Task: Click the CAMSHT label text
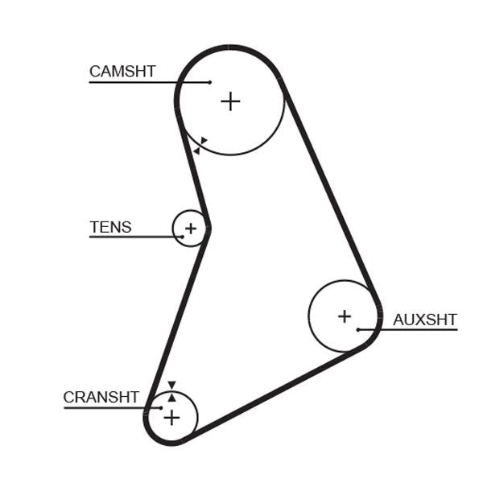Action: pos(122,72)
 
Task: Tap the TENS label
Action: pos(110,227)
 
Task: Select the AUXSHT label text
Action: pos(424,320)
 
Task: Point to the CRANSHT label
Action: pos(101,397)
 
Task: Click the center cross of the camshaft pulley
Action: pos(230,101)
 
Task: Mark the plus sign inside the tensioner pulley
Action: pos(190,229)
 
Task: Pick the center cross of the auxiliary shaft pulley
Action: pos(345,316)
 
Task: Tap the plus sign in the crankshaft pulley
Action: pos(171,417)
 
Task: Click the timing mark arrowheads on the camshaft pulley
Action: pos(200,146)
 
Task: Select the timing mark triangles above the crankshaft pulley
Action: pos(171,391)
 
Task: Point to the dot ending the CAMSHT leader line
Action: pos(209,82)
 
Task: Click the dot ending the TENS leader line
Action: pos(183,237)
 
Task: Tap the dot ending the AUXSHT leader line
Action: pos(357,329)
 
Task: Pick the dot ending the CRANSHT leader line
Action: pos(161,407)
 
